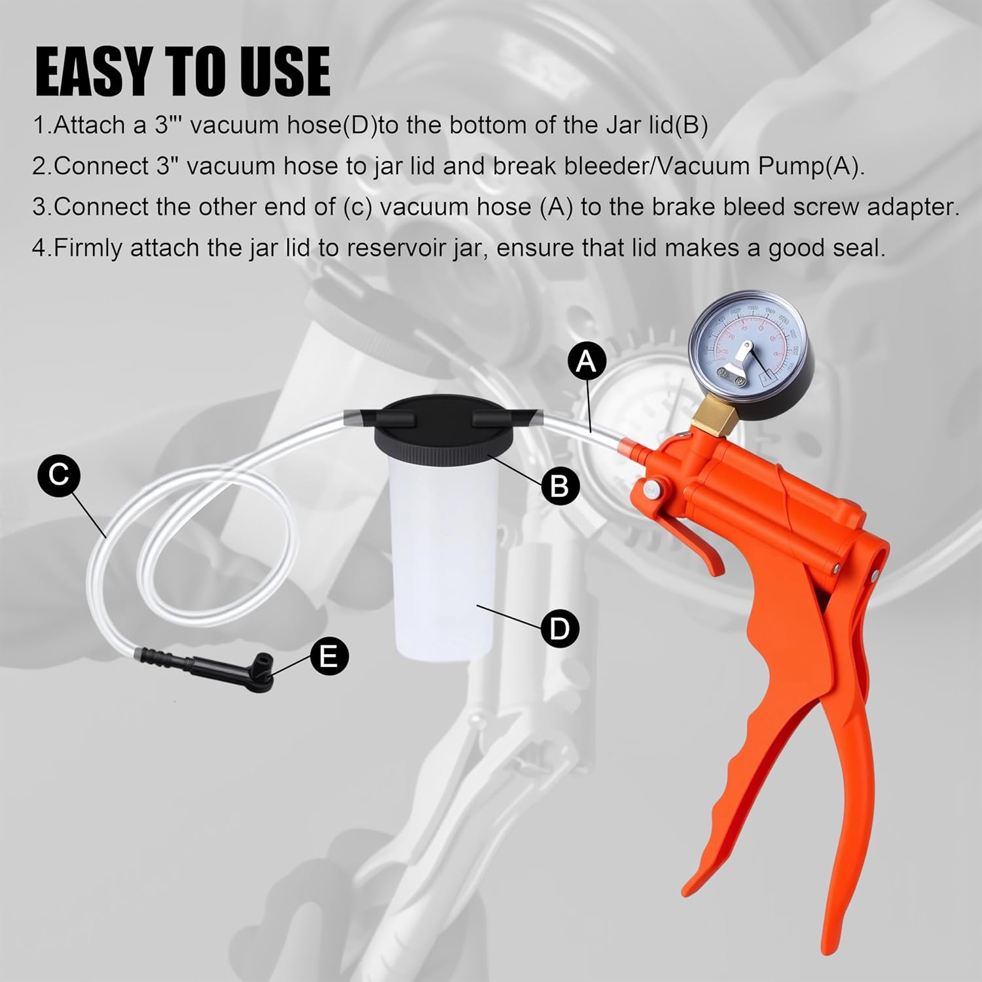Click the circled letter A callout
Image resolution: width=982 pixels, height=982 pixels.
(x=587, y=361)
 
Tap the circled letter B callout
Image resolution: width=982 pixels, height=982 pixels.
(x=560, y=486)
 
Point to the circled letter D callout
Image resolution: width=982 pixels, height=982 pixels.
(x=560, y=628)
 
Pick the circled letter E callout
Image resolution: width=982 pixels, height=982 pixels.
(x=328, y=655)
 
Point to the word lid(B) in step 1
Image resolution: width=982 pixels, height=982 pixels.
(x=675, y=125)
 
